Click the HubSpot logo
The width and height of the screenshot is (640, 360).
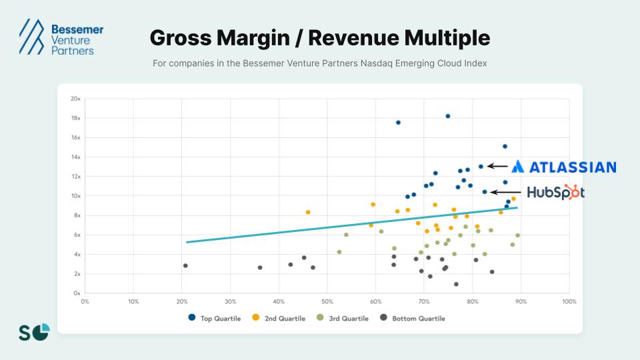[555, 192]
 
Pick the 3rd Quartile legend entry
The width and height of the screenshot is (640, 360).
[342, 319]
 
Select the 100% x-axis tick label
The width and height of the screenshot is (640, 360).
[569, 301]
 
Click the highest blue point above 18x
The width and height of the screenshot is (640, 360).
[447, 116]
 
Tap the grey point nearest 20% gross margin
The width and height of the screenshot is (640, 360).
[185, 265]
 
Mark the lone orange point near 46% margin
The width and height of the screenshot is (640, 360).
[307, 212]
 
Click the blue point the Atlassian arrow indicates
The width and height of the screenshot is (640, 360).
[481, 167]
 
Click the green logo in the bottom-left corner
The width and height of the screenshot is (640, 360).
[34, 331]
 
